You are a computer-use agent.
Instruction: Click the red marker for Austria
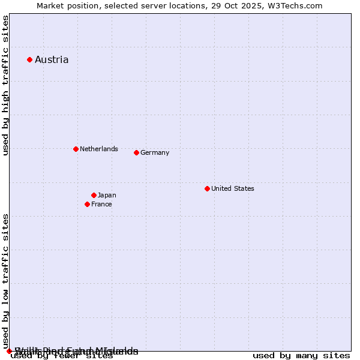tap(29, 59)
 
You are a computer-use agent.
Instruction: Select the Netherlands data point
tap(76, 149)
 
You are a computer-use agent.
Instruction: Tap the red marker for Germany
tap(136, 152)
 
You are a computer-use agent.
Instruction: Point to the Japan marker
tap(94, 195)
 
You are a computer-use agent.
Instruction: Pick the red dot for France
tap(87, 204)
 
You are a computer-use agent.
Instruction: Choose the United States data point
tap(207, 188)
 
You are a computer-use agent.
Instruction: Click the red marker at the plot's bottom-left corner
tap(9, 351)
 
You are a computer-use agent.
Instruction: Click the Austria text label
tap(52, 59)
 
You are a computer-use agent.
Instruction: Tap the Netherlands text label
tap(99, 149)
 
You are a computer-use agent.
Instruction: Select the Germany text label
tap(155, 152)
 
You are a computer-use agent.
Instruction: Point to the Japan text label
tap(107, 195)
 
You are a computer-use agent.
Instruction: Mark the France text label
tap(101, 204)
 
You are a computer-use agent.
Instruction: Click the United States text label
tap(233, 188)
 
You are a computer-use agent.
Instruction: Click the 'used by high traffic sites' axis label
tap(5, 85)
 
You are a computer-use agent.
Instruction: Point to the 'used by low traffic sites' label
tap(5, 281)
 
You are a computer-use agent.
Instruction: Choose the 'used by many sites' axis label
tap(301, 356)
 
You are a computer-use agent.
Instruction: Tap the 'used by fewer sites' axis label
tap(62, 356)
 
